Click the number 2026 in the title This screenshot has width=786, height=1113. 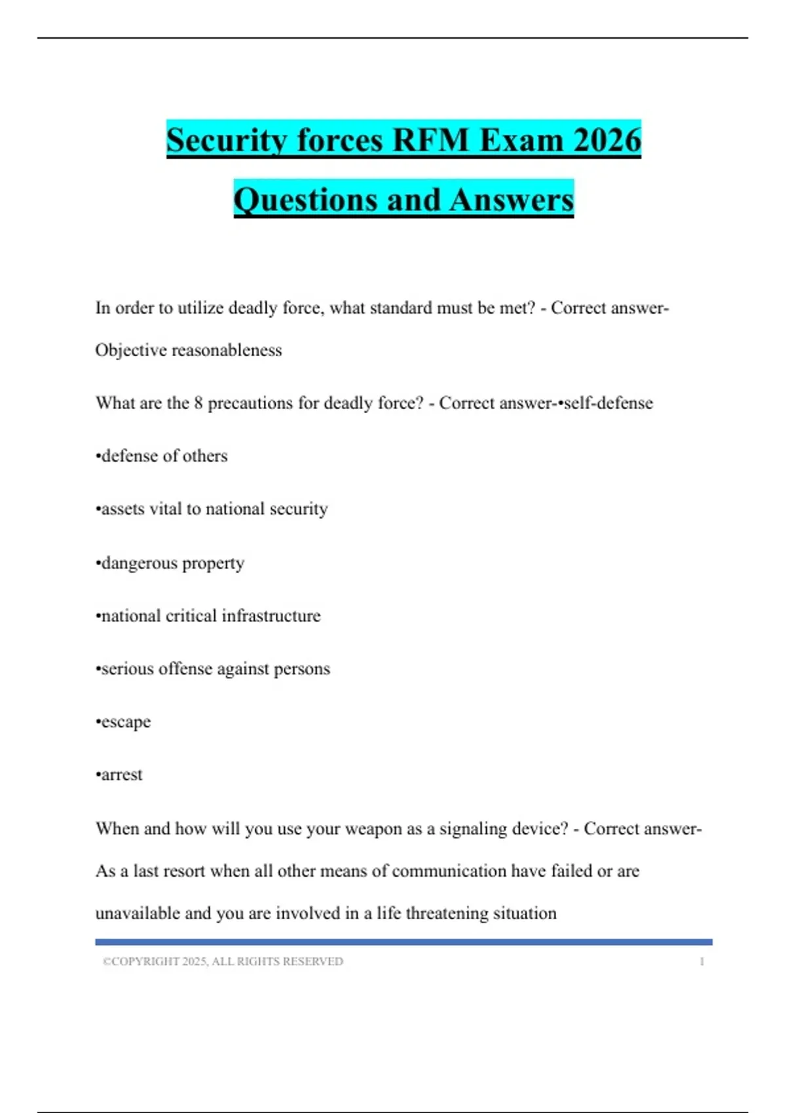[607, 140]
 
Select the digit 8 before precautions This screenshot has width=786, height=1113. [198, 403]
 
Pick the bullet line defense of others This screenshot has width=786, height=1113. [162, 456]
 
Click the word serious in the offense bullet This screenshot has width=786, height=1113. [124, 668]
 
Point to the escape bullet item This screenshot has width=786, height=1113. [124, 721]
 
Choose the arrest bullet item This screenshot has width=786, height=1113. [121, 775]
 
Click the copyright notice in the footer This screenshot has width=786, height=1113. [223, 961]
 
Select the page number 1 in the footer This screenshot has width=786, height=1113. [702, 961]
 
